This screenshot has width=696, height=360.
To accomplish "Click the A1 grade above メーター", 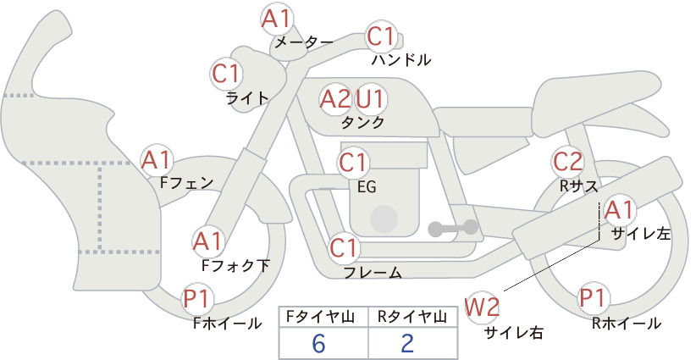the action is coord(276,19).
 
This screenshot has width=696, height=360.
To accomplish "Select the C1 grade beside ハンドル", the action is coord(380,36).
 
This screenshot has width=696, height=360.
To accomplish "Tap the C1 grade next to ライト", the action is coord(226,74).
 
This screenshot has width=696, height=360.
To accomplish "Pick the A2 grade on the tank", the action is coord(335,99).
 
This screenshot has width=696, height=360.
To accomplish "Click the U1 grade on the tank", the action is coord(369,99).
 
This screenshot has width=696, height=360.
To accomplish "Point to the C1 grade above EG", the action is coord(352,163).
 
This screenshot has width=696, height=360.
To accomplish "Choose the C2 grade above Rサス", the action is coord(567,162).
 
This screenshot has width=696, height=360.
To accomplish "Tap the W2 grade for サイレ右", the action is coord(482,307).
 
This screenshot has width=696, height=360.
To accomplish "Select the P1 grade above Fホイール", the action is coord(196,298).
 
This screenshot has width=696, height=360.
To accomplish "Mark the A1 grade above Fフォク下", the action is coord(207,242).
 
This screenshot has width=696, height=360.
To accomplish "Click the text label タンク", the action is coord(362,123).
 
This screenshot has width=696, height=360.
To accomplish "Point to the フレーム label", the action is coord(373,273).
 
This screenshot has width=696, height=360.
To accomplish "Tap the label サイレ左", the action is coord(641,234).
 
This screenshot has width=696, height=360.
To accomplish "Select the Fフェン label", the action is coord(186,182).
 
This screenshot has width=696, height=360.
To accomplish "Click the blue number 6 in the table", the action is coord(318,343).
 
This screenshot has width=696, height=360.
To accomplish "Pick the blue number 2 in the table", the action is coord(407,343).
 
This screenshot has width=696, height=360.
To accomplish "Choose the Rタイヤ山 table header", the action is coord(412,317).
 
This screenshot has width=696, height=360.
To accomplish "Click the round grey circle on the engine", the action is coord(384,219).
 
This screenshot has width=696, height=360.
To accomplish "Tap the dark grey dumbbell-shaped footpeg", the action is coord(453,228).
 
